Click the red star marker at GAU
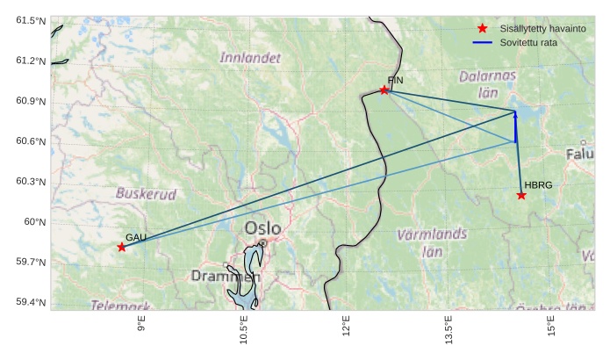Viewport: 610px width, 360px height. click(121, 248)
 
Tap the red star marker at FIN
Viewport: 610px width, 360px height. click(384, 90)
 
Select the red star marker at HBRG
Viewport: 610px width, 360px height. click(521, 195)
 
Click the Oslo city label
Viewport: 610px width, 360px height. click(262, 228)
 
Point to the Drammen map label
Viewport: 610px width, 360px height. click(226, 276)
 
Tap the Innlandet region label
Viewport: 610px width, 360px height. click(251, 58)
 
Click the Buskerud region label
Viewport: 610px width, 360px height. click(146, 193)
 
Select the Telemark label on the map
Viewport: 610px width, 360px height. click(121, 306)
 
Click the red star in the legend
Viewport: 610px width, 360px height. click(482, 29)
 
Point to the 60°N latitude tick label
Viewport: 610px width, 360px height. click(35, 221)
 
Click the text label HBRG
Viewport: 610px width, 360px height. click(538, 185)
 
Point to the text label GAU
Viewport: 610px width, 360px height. click(135, 237)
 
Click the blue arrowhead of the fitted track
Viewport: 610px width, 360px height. click(515, 115)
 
